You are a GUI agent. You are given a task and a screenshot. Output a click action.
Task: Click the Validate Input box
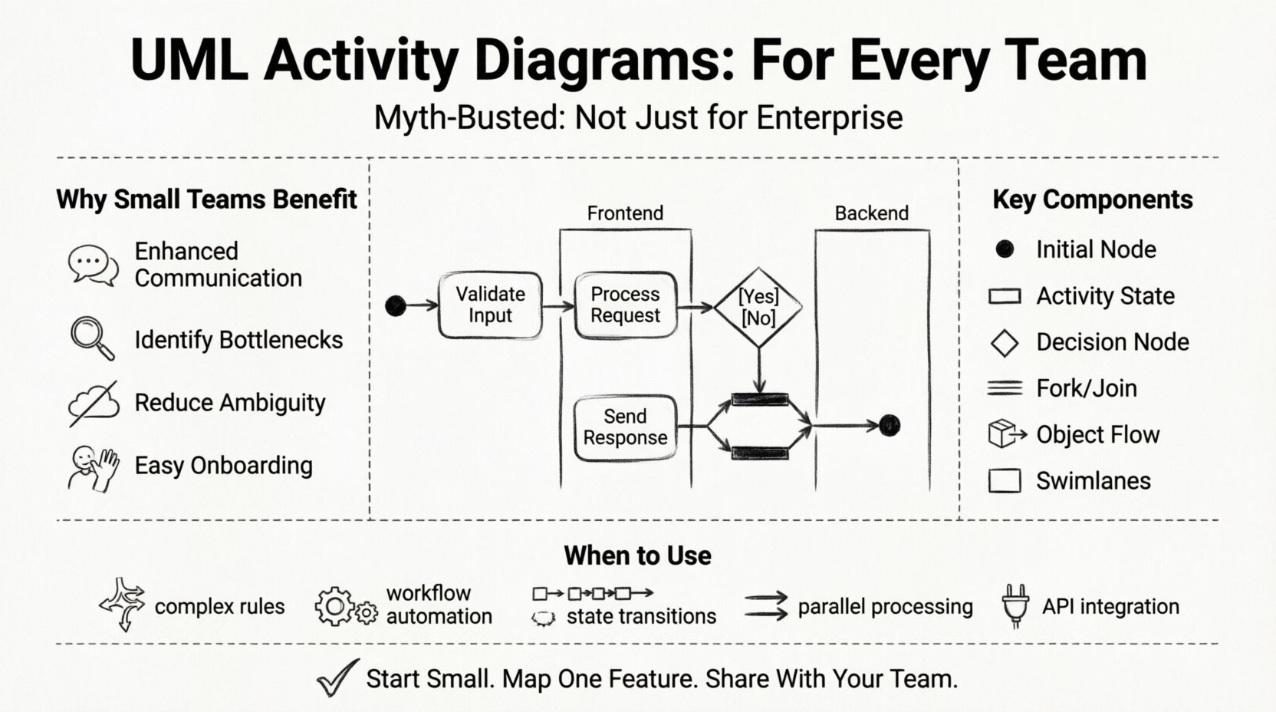point(490,305)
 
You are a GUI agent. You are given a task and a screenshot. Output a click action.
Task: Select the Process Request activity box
point(625,305)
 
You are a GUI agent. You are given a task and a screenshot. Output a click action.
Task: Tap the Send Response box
point(625,427)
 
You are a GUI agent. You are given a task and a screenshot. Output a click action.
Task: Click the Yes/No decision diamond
point(758,307)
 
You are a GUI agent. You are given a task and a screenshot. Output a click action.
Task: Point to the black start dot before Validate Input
point(396,306)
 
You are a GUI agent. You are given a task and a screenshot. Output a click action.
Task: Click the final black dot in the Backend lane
point(889,425)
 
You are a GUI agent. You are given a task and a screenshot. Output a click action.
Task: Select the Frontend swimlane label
point(625,213)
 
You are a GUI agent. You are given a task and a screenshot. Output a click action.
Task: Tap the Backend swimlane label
point(871,213)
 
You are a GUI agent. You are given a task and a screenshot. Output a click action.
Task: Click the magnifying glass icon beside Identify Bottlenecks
point(92,338)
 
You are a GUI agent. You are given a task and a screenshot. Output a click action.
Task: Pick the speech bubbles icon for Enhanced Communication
point(93,265)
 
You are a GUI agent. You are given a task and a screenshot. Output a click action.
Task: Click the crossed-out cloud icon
point(94,403)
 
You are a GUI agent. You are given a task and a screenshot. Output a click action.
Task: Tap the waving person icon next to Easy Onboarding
point(94,467)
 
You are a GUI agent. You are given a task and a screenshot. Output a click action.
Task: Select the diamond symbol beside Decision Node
point(1005,343)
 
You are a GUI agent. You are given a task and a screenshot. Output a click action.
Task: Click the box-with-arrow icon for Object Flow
point(1006,434)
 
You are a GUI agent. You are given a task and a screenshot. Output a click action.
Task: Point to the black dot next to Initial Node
point(1005,249)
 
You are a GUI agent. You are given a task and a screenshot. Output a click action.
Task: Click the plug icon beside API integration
point(1015,606)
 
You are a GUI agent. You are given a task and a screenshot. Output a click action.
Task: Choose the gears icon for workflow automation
point(345,607)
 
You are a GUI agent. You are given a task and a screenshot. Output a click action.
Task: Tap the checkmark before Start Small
point(337,677)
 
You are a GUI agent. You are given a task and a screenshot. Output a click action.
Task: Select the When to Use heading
point(637,555)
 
